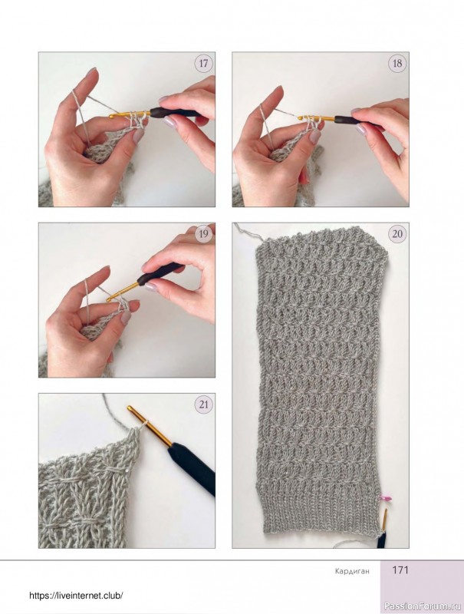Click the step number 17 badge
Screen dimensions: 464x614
203,63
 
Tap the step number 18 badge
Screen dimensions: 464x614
397,63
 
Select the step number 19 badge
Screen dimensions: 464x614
203,234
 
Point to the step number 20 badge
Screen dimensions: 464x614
397,234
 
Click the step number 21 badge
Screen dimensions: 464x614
203,404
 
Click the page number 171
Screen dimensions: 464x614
400,570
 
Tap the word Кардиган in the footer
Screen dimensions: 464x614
352,571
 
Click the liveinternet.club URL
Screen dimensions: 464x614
77,596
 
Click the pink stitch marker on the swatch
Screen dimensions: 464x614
384,498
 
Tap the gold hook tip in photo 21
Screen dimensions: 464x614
130,409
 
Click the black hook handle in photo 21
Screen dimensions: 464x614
192,468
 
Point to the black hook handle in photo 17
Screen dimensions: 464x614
172,112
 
